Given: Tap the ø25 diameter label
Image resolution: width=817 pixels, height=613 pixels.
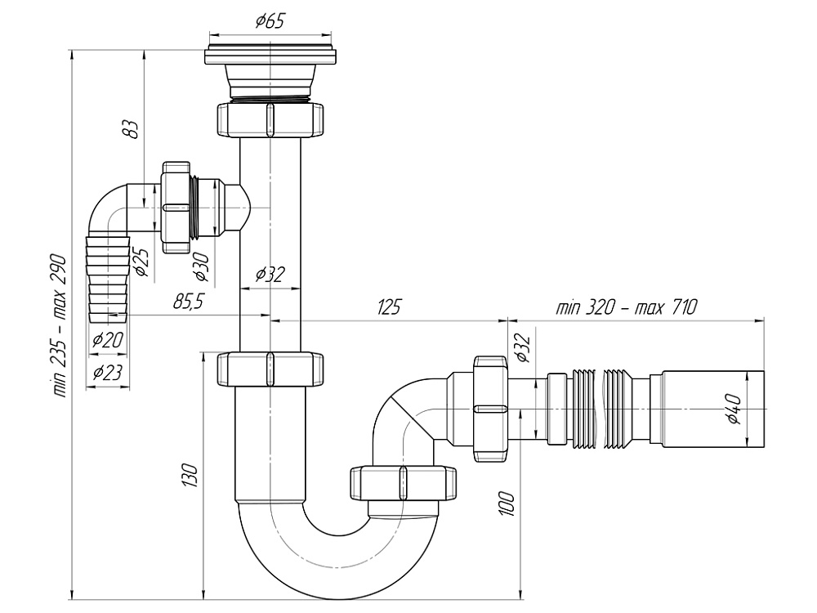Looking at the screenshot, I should coord(140,261).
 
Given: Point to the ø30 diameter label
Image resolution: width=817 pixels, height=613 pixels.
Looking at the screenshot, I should coord(201,266).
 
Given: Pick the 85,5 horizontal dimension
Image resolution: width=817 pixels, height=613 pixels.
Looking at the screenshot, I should coord(188,302).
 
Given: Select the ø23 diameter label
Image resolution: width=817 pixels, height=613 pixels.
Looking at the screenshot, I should coord(107,373).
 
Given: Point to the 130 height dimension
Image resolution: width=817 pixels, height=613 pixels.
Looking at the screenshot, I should coord(190,476).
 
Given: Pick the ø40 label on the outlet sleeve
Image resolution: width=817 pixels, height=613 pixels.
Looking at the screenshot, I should coord(733,409).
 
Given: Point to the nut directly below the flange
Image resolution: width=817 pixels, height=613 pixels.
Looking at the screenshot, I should coord(270,119).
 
